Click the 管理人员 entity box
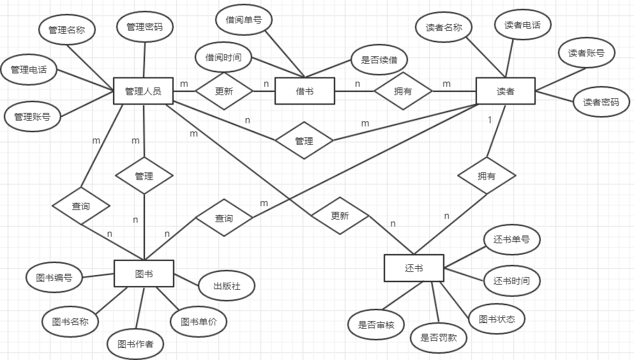tap(143, 91)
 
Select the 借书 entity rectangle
tap(305, 91)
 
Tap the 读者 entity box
tap(505, 91)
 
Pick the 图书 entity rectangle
tap(144, 274)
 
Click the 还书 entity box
tap(414, 268)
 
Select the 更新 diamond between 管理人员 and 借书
tap(224, 91)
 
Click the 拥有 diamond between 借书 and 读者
tap(403, 91)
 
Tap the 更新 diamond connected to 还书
tap(340, 216)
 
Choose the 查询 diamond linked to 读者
tap(223, 218)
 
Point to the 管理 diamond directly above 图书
tap(144, 176)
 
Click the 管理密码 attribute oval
tap(144, 27)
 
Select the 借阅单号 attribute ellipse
tap(243, 20)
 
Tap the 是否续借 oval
tap(379, 60)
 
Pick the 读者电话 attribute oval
tap(522, 25)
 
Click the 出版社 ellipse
tap(227, 287)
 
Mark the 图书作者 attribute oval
tap(135, 344)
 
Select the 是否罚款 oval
tap(439, 338)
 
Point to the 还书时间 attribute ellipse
tap(511, 281)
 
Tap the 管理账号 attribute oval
tap(32, 116)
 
